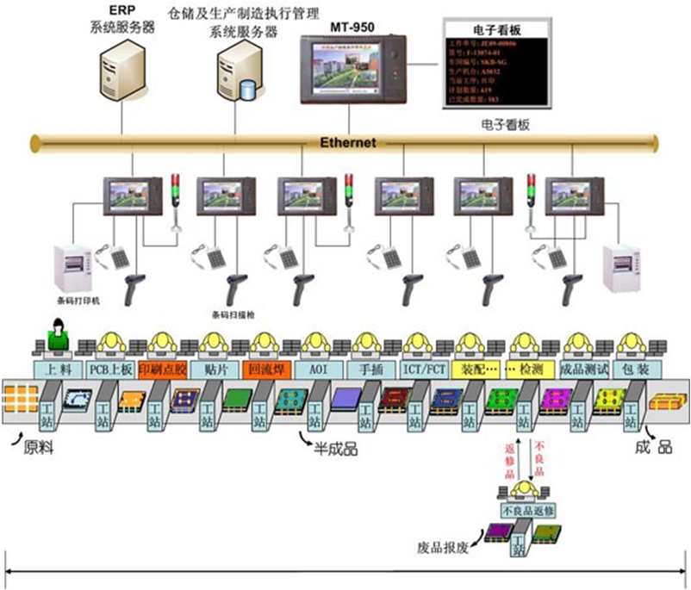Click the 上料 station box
coord(58,369)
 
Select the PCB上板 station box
coord(111,369)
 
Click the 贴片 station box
coord(216,369)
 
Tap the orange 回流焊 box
coord(268,369)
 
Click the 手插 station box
coord(370,369)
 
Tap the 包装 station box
coord(636,369)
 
